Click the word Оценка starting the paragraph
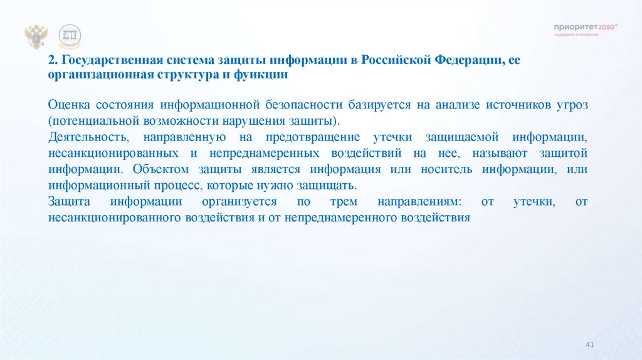[x=68, y=105]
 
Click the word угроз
[x=569, y=105]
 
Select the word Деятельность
[x=88, y=137]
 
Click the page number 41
[x=589, y=345]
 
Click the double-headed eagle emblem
[x=36, y=38]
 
